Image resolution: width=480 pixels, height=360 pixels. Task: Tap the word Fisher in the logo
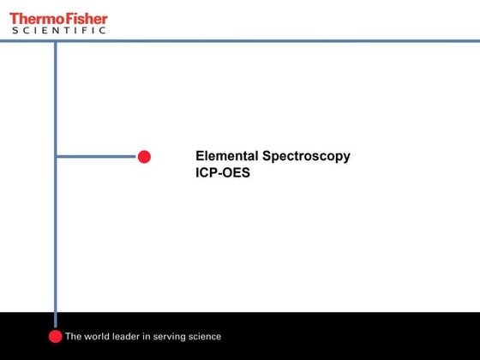point(84,18)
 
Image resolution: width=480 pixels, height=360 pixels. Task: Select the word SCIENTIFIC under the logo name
point(58,31)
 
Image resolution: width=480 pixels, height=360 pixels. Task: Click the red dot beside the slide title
point(144,156)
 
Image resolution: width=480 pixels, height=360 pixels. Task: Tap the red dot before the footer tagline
point(56,337)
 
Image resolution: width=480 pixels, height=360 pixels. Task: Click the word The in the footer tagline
point(75,337)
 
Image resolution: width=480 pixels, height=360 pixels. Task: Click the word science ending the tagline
point(207,337)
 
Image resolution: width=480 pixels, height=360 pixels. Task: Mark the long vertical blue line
point(56,240)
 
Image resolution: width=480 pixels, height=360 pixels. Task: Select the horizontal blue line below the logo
point(257,40)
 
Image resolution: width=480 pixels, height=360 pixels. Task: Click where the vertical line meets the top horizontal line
point(56,40)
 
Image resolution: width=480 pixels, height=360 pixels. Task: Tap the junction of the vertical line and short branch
point(56,156)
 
